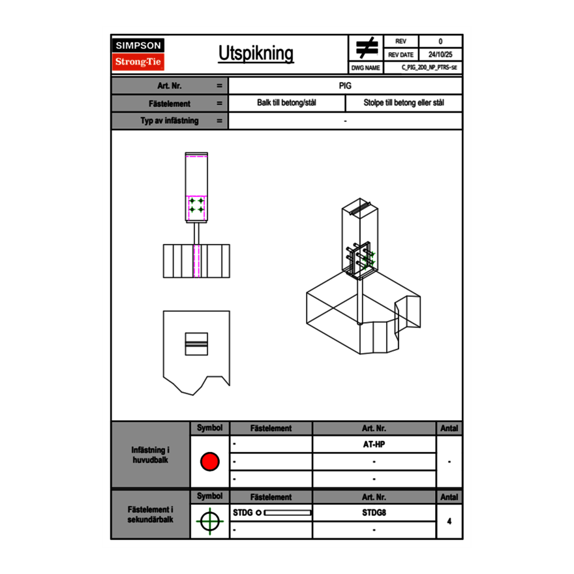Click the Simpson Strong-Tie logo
(x=138, y=54)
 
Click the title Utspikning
(x=256, y=53)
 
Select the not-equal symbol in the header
(x=367, y=48)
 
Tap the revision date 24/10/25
(x=440, y=55)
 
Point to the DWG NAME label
(x=365, y=68)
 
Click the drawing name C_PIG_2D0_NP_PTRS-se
(x=429, y=67)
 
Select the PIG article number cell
(x=345, y=85)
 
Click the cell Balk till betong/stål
(x=286, y=103)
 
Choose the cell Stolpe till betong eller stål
(x=404, y=103)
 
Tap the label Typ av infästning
(x=170, y=121)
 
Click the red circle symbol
(x=210, y=461)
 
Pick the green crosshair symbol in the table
(x=210, y=521)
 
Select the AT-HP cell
(x=374, y=444)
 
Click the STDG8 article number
(x=374, y=513)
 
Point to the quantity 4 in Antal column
(x=449, y=521)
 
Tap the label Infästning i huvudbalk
(x=150, y=455)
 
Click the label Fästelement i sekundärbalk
(x=150, y=515)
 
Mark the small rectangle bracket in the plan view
(x=196, y=344)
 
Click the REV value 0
(x=440, y=41)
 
